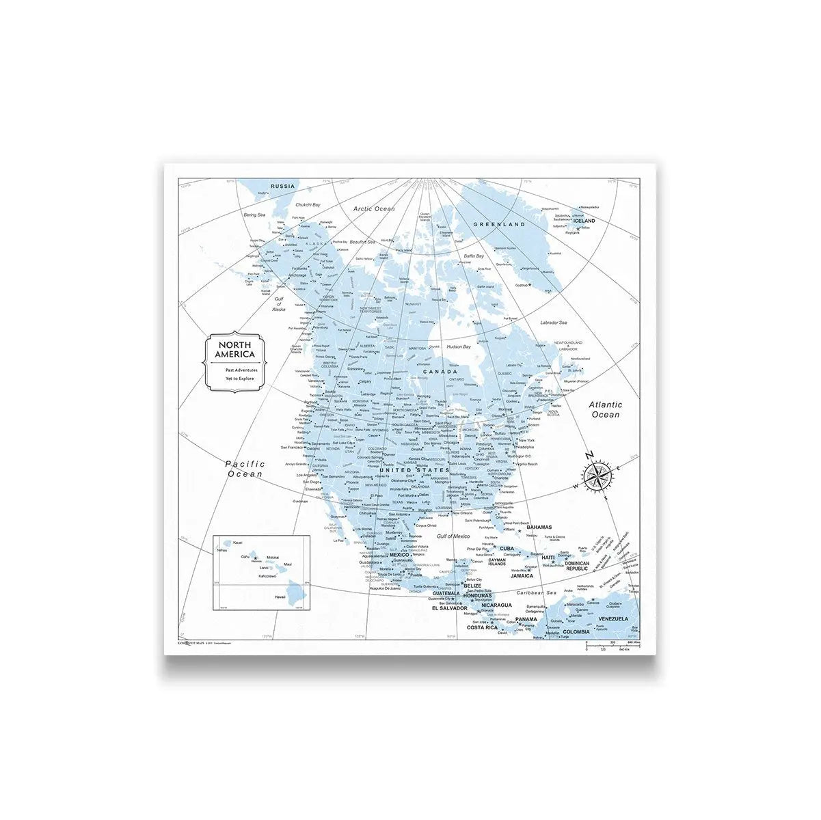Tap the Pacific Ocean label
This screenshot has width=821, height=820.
pyautogui.click(x=245, y=469)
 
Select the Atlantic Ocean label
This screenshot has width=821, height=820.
pyautogui.click(x=606, y=409)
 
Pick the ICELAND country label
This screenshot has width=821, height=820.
pyautogui.click(x=584, y=221)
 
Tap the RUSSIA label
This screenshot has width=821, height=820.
pyautogui.click(x=282, y=187)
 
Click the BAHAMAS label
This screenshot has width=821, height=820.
pyautogui.click(x=539, y=527)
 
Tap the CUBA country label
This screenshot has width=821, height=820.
pyautogui.click(x=507, y=549)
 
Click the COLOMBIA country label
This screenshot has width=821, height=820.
pyautogui.click(x=576, y=632)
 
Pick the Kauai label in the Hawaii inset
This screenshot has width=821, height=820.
pyautogui.click(x=237, y=543)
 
